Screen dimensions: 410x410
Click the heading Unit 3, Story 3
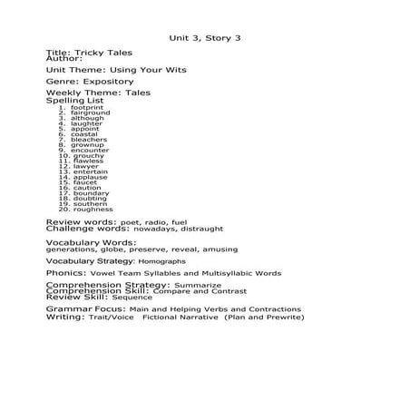[x=205, y=38]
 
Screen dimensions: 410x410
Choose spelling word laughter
[x=86, y=123]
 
